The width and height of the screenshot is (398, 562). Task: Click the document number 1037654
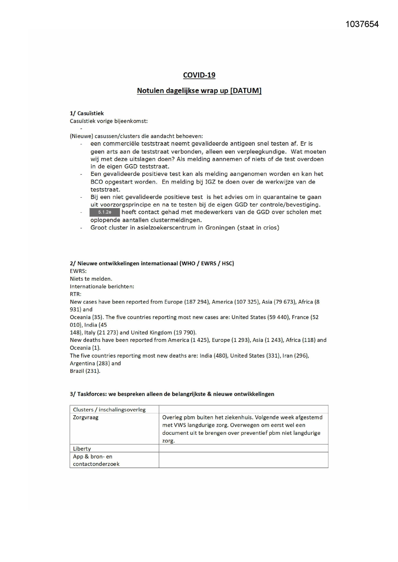pyautogui.click(x=362, y=24)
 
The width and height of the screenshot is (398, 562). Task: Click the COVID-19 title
pyautogui.click(x=199, y=75)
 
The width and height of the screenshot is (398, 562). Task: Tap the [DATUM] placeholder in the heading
pyautogui.click(x=246, y=91)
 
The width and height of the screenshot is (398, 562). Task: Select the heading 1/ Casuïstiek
pyautogui.click(x=87, y=113)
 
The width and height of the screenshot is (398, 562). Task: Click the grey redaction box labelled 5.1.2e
pyautogui.click(x=105, y=212)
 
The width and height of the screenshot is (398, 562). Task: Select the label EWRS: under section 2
pyautogui.click(x=78, y=271)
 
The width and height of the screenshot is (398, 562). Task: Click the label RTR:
pyautogui.click(x=75, y=294)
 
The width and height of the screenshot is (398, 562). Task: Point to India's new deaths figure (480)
pyautogui.click(x=221, y=356)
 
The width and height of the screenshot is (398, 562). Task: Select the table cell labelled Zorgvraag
pyautogui.click(x=86, y=417)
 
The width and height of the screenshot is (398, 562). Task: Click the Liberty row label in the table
pyautogui.click(x=82, y=449)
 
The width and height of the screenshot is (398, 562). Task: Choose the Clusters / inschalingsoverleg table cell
pyautogui.click(x=109, y=409)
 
